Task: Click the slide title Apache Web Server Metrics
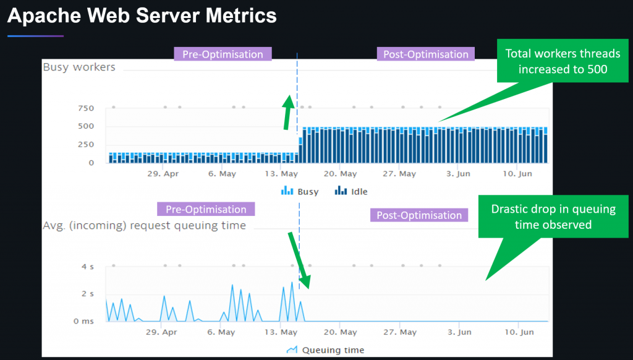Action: [142, 16]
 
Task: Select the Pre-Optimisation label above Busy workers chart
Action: [223, 54]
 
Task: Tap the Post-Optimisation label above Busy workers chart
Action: [425, 54]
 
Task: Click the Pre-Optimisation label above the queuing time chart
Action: [205, 209]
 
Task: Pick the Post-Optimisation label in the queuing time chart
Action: [418, 215]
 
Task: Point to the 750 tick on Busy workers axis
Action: [86, 108]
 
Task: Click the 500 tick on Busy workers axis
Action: [86, 126]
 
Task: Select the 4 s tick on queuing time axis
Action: [88, 267]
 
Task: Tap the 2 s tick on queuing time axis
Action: [88, 294]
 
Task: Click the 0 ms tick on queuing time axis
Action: [84, 321]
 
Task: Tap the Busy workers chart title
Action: [79, 67]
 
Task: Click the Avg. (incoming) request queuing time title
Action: [144, 225]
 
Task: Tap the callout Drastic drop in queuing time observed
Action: [553, 216]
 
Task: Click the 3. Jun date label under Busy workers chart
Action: [458, 174]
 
